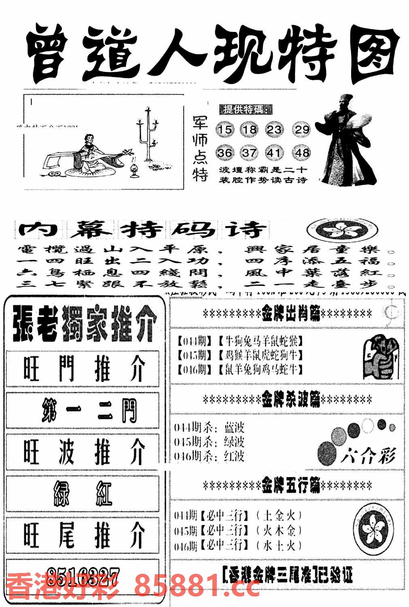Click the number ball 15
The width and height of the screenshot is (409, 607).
pos(225,129)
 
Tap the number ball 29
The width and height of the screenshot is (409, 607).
pos(301,129)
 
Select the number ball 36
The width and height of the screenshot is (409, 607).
pos(225,153)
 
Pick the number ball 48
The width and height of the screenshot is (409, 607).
pos(301,153)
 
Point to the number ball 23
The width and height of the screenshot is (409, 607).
pos(274,129)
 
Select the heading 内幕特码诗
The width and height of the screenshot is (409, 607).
pos(142,230)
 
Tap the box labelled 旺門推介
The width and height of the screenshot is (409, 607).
pos(83,369)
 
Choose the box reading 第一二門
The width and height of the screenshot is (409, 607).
pos(83,410)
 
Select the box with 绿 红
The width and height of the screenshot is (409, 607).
pos(83,493)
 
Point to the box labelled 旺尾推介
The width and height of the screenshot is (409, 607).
pos(83,535)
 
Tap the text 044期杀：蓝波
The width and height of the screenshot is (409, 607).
pos(210,428)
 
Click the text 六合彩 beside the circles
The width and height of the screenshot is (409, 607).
pos(367,456)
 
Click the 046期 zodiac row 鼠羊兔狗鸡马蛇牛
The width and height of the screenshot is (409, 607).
pos(240,369)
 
